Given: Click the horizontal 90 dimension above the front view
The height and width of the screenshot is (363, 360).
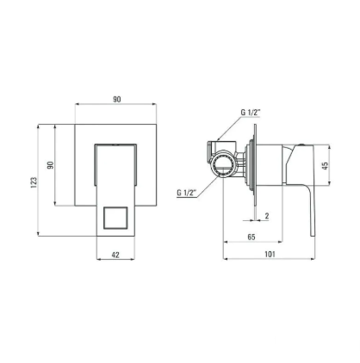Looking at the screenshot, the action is [117, 100].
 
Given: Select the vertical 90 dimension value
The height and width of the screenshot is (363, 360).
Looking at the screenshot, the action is [51, 165].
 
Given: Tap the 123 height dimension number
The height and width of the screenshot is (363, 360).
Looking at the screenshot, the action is [34, 182].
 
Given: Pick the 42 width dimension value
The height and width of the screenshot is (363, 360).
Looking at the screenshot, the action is [115, 255].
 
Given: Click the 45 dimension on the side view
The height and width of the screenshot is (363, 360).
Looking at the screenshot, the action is [325, 166].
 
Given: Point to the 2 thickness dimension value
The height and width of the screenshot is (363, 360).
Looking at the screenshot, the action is [267, 216].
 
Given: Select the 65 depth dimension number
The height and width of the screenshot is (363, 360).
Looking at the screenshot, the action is [251, 237].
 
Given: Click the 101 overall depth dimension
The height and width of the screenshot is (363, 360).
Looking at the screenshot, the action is [270, 254].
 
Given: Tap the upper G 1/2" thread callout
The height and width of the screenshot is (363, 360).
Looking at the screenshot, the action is [251, 113].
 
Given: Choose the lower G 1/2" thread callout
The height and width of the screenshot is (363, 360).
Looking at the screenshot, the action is [186, 193].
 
